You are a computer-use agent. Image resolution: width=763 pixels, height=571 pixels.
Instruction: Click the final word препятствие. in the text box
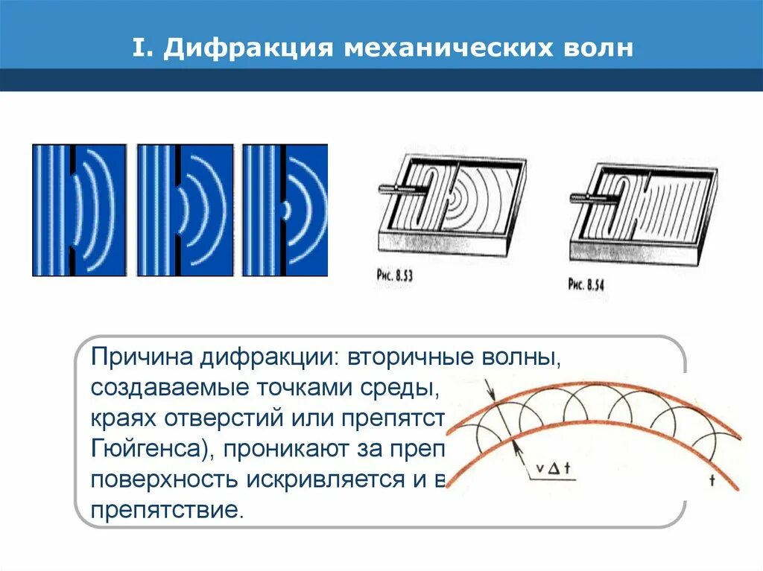167,512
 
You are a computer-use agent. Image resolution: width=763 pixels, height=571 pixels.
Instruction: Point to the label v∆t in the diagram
553,469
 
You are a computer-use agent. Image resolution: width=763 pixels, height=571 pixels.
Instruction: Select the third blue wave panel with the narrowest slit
285,211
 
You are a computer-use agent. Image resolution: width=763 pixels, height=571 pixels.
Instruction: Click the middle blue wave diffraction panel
185,211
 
